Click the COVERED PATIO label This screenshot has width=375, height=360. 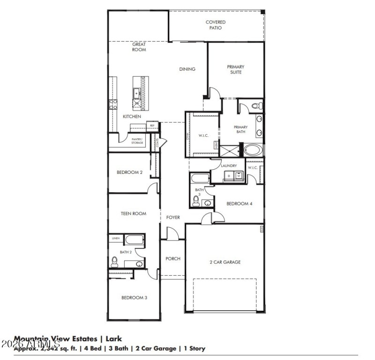click(216, 25)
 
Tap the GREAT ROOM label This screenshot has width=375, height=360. click(139, 47)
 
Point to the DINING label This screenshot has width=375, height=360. click(187, 69)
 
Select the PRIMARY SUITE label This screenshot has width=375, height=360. click(236, 69)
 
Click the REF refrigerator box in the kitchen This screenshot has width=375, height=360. click(152, 126)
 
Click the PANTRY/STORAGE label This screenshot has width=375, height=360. click(137, 141)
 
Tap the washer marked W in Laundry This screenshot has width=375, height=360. click(239, 176)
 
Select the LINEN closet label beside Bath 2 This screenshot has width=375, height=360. click(115, 239)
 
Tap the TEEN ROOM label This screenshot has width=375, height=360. click(134, 214)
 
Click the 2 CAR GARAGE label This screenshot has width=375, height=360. click(225, 262)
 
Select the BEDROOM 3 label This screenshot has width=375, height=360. click(135, 298)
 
